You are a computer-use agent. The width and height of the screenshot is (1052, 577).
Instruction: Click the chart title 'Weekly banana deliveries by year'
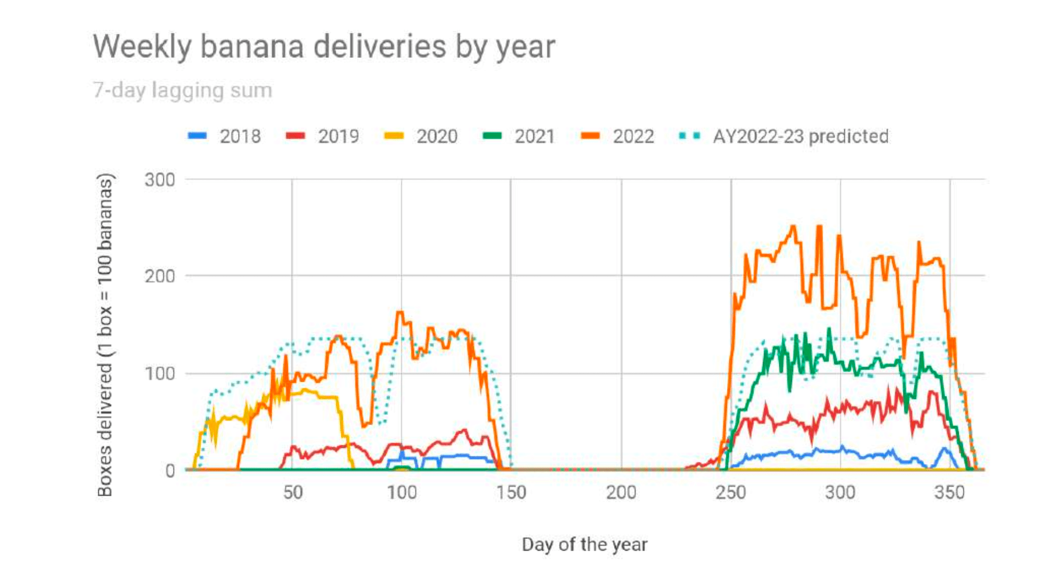click(x=324, y=46)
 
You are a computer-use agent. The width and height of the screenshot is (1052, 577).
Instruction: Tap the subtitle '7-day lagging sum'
click(x=182, y=90)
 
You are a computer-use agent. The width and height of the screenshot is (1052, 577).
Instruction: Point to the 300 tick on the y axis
click(x=160, y=180)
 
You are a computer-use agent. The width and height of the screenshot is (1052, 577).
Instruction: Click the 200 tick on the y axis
click(x=160, y=276)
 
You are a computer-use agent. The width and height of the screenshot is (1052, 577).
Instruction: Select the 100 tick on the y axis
click(x=160, y=373)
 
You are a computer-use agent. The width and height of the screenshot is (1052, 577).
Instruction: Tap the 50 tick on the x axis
click(x=292, y=493)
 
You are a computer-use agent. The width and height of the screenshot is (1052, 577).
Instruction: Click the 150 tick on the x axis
click(x=511, y=493)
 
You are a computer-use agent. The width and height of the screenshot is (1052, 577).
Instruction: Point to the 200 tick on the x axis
click(x=621, y=493)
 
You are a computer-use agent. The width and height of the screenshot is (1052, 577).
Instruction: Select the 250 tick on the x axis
click(x=730, y=493)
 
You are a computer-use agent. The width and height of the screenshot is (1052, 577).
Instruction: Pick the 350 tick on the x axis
click(x=949, y=493)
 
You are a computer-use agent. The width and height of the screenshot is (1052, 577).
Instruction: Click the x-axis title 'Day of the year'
click(x=584, y=544)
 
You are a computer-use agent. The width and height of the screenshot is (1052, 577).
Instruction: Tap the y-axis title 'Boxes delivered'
click(x=106, y=335)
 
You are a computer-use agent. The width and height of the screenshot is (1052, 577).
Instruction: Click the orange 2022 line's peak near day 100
click(x=400, y=312)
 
